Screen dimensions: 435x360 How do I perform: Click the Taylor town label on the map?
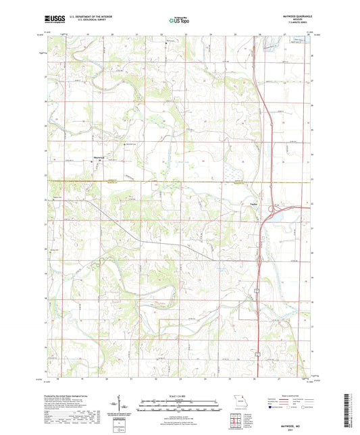pyautogui.click(x=255, y=203)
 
